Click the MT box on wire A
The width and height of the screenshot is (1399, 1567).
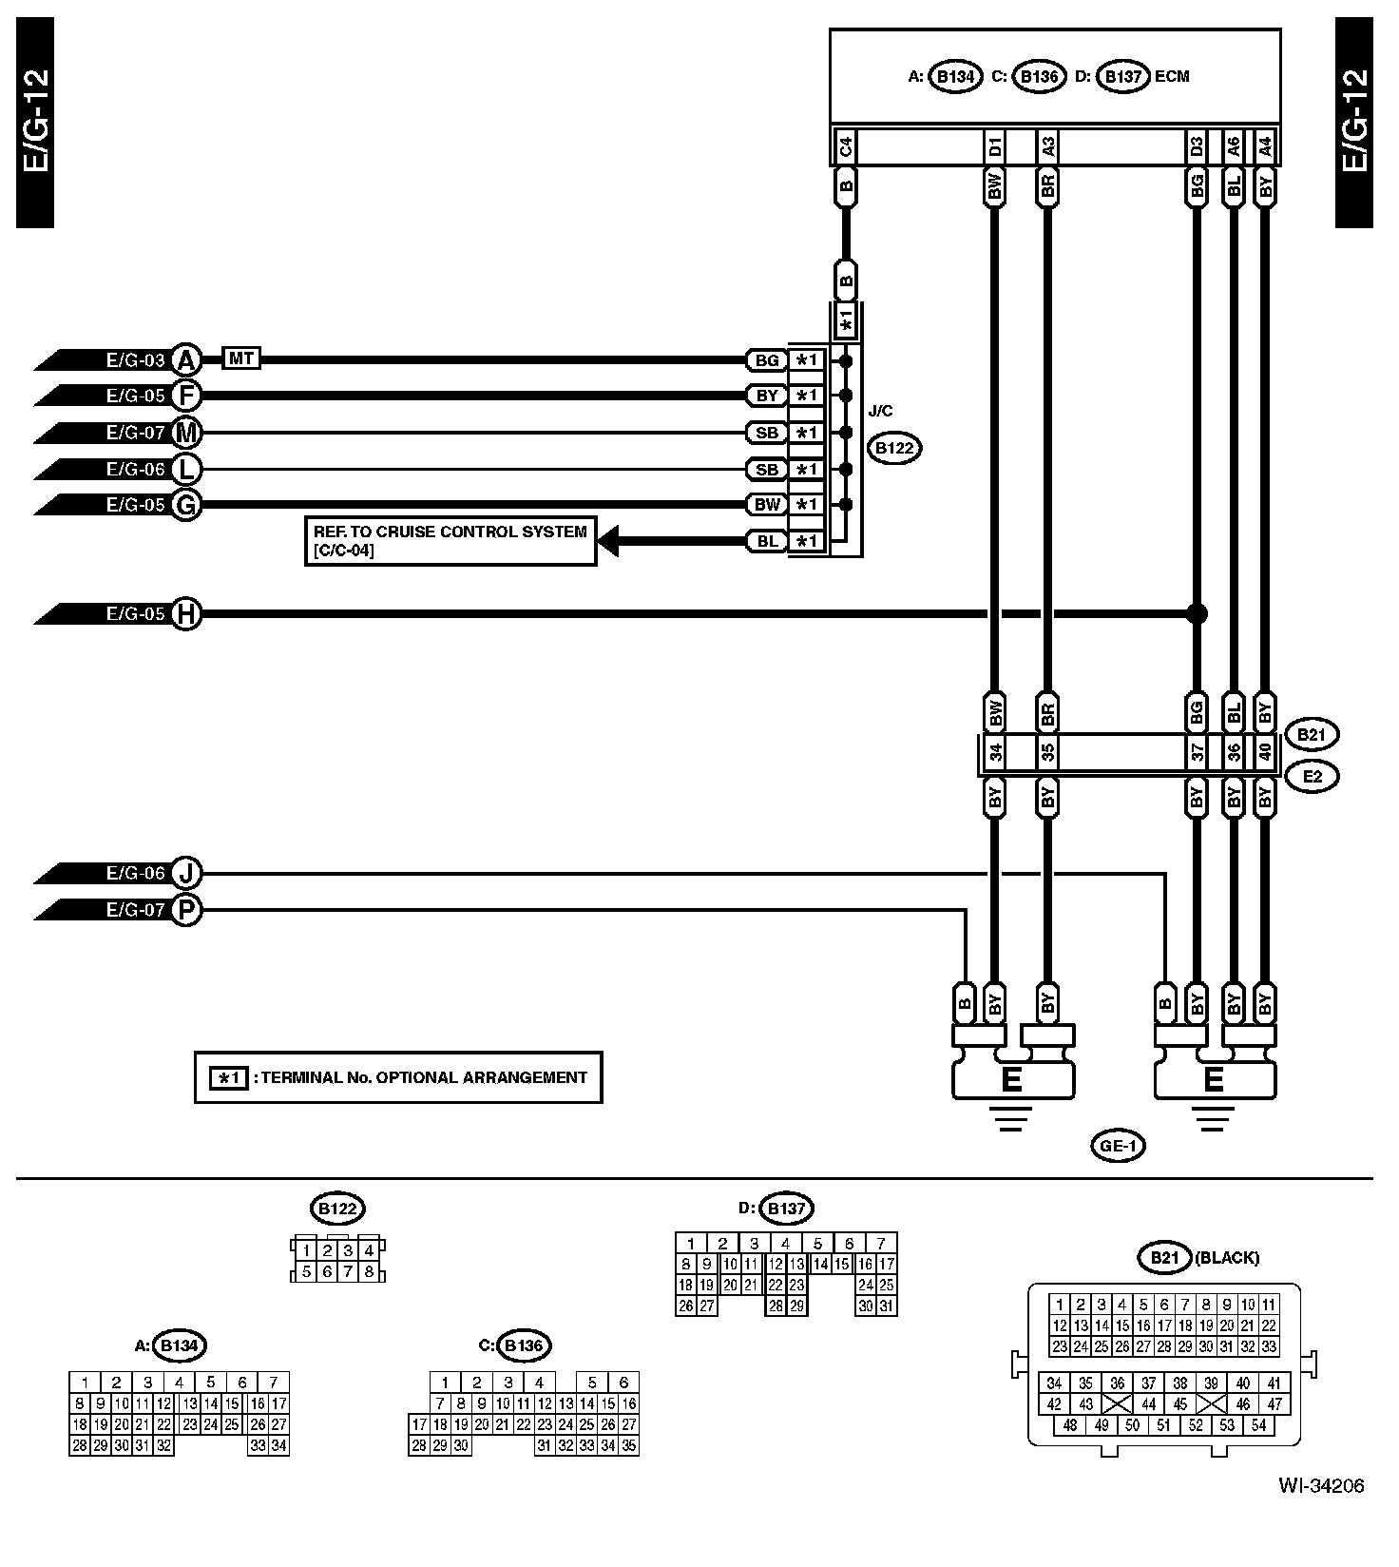point(241,358)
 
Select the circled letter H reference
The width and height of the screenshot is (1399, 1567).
point(187,614)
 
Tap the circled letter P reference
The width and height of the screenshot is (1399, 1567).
point(187,910)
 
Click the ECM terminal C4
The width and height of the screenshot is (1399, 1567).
point(845,146)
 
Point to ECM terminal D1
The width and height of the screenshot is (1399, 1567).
point(994,146)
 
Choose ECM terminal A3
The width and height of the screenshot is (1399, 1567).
point(1047,146)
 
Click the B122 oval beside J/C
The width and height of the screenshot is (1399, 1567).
point(894,448)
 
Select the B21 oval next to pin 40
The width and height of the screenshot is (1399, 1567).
point(1312,734)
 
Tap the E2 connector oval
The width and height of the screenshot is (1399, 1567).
point(1312,777)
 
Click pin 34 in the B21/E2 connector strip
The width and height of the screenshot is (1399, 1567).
point(994,754)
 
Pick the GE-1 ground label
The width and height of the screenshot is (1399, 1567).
point(1118,1146)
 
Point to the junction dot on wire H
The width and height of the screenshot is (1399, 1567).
point(1197,614)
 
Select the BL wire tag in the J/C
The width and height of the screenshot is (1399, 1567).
point(767,541)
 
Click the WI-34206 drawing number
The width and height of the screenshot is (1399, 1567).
point(1320,1485)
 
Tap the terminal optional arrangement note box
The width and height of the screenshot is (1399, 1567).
point(398,1077)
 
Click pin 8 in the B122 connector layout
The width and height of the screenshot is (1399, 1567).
point(369,1271)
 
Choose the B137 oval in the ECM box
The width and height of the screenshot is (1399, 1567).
point(1123,77)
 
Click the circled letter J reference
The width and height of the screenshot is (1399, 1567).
point(187,873)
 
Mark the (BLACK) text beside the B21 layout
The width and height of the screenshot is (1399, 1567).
point(1227,1258)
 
